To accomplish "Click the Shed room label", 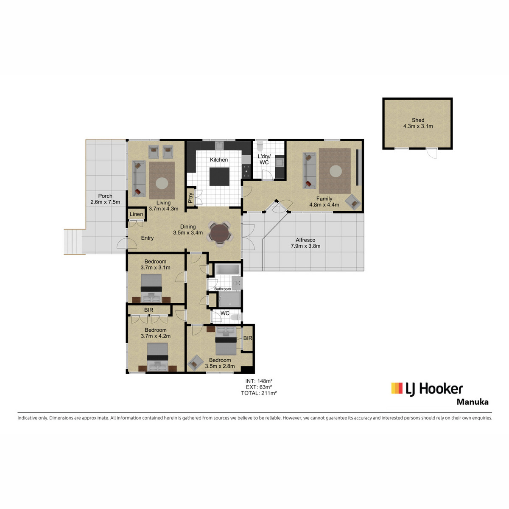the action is (x=418, y=120).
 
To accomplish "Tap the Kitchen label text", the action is (x=219, y=160).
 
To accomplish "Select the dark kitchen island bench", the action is (x=219, y=176).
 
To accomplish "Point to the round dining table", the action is (x=219, y=234).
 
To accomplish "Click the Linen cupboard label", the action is (x=136, y=214).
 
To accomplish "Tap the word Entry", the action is (x=147, y=238).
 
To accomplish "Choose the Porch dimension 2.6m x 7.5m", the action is (x=105, y=202).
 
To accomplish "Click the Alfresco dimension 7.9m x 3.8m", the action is (x=305, y=246).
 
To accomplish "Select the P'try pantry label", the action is (x=191, y=198).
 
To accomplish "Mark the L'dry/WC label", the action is (x=264, y=159).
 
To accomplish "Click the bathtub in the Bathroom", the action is (x=227, y=269).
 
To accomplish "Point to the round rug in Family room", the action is (x=336, y=171).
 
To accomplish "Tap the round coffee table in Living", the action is (x=162, y=183).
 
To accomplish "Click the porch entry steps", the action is (x=73, y=242).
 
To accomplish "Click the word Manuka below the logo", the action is (x=473, y=402).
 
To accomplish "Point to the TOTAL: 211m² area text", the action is (x=259, y=393).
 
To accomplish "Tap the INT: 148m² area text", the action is (x=259, y=381).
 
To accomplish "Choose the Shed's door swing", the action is (x=432, y=154).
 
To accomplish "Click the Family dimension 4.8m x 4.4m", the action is (x=324, y=204).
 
